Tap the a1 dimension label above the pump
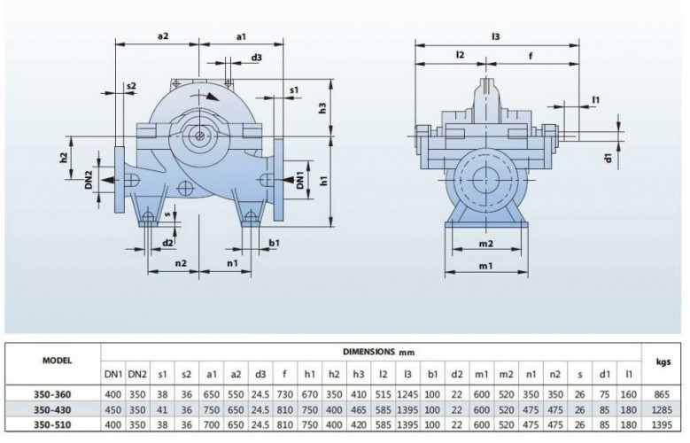(x=242, y=36)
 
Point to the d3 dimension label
(x=256, y=58)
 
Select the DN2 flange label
(x=89, y=179)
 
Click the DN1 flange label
(x=301, y=179)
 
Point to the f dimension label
(x=530, y=55)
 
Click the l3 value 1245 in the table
(x=407, y=395)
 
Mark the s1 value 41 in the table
(x=161, y=410)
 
